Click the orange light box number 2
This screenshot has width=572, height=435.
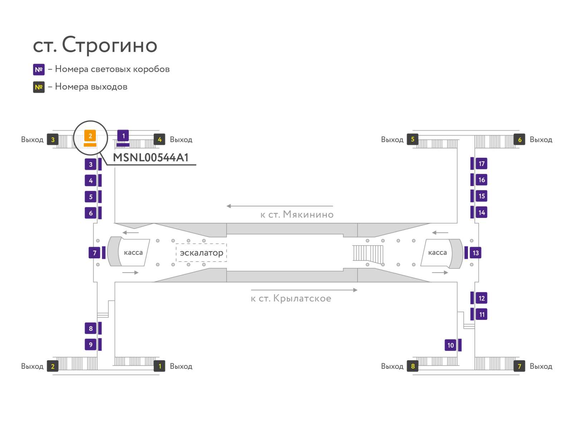[x=90, y=136]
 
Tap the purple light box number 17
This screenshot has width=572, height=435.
[x=482, y=163]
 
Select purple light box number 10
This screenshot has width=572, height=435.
[x=450, y=345]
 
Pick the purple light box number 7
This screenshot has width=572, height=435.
[x=94, y=253]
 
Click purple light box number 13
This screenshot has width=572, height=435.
[x=475, y=253]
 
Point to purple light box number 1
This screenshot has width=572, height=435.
[x=123, y=136]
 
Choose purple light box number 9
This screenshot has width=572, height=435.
[x=90, y=344]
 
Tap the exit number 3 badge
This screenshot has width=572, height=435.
[x=53, y=140]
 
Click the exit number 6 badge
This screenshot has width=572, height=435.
[x=519, y=140]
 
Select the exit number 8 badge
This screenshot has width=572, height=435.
[x=413, y=366]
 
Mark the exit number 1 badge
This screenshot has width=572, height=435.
[x=159, y=366]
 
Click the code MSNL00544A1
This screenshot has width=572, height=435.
[x=151, y=157]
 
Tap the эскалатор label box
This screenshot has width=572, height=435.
[x=201, y=253]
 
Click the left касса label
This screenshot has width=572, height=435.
[x=133, y=253]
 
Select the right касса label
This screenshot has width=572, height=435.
[x=437, y=253]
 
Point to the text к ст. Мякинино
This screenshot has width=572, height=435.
[x=297, y=214]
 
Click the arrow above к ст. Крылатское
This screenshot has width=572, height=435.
[x=304, y=290]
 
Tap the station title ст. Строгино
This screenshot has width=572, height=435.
[x=95, y=45]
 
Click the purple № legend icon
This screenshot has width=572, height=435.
[x=39, y=69]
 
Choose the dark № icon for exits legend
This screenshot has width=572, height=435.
[x=39, y=87]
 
